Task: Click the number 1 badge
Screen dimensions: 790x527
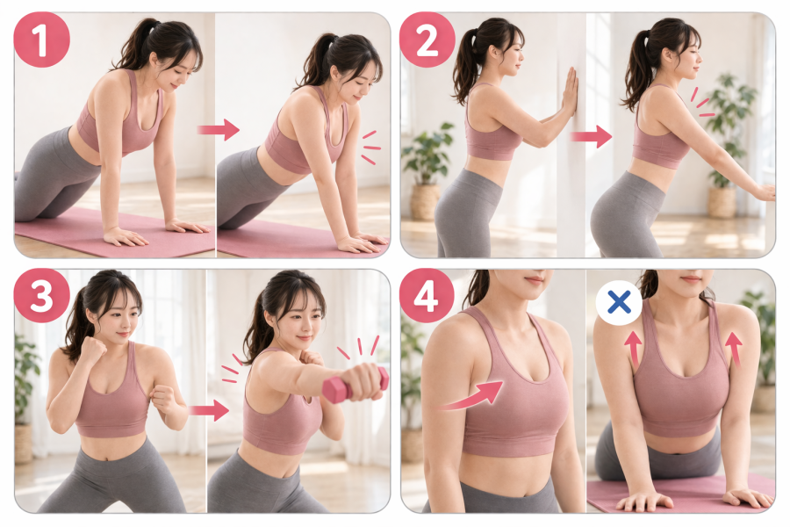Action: click(41, 40)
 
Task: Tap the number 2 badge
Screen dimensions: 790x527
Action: click(427, 40)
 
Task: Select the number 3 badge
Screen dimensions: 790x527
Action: click(41, 295)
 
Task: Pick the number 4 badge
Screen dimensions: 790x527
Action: click(427, 295)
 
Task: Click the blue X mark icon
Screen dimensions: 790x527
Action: click(619, 302)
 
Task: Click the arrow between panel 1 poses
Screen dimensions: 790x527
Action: click(219, 130)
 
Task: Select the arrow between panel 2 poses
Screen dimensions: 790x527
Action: click(591, 136)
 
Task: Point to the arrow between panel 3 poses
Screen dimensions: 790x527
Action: click(209, 410)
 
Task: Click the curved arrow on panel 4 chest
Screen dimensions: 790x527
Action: click(471, 396)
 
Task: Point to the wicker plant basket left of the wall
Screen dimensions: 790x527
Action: click(424, 201)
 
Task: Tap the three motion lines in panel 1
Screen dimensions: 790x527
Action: click(371, 148)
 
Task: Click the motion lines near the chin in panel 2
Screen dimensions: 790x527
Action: click(701, 103)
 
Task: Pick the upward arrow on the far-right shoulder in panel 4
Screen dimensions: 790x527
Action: click(734, 348)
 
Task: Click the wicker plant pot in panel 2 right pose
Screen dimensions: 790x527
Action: click(722, 202)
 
